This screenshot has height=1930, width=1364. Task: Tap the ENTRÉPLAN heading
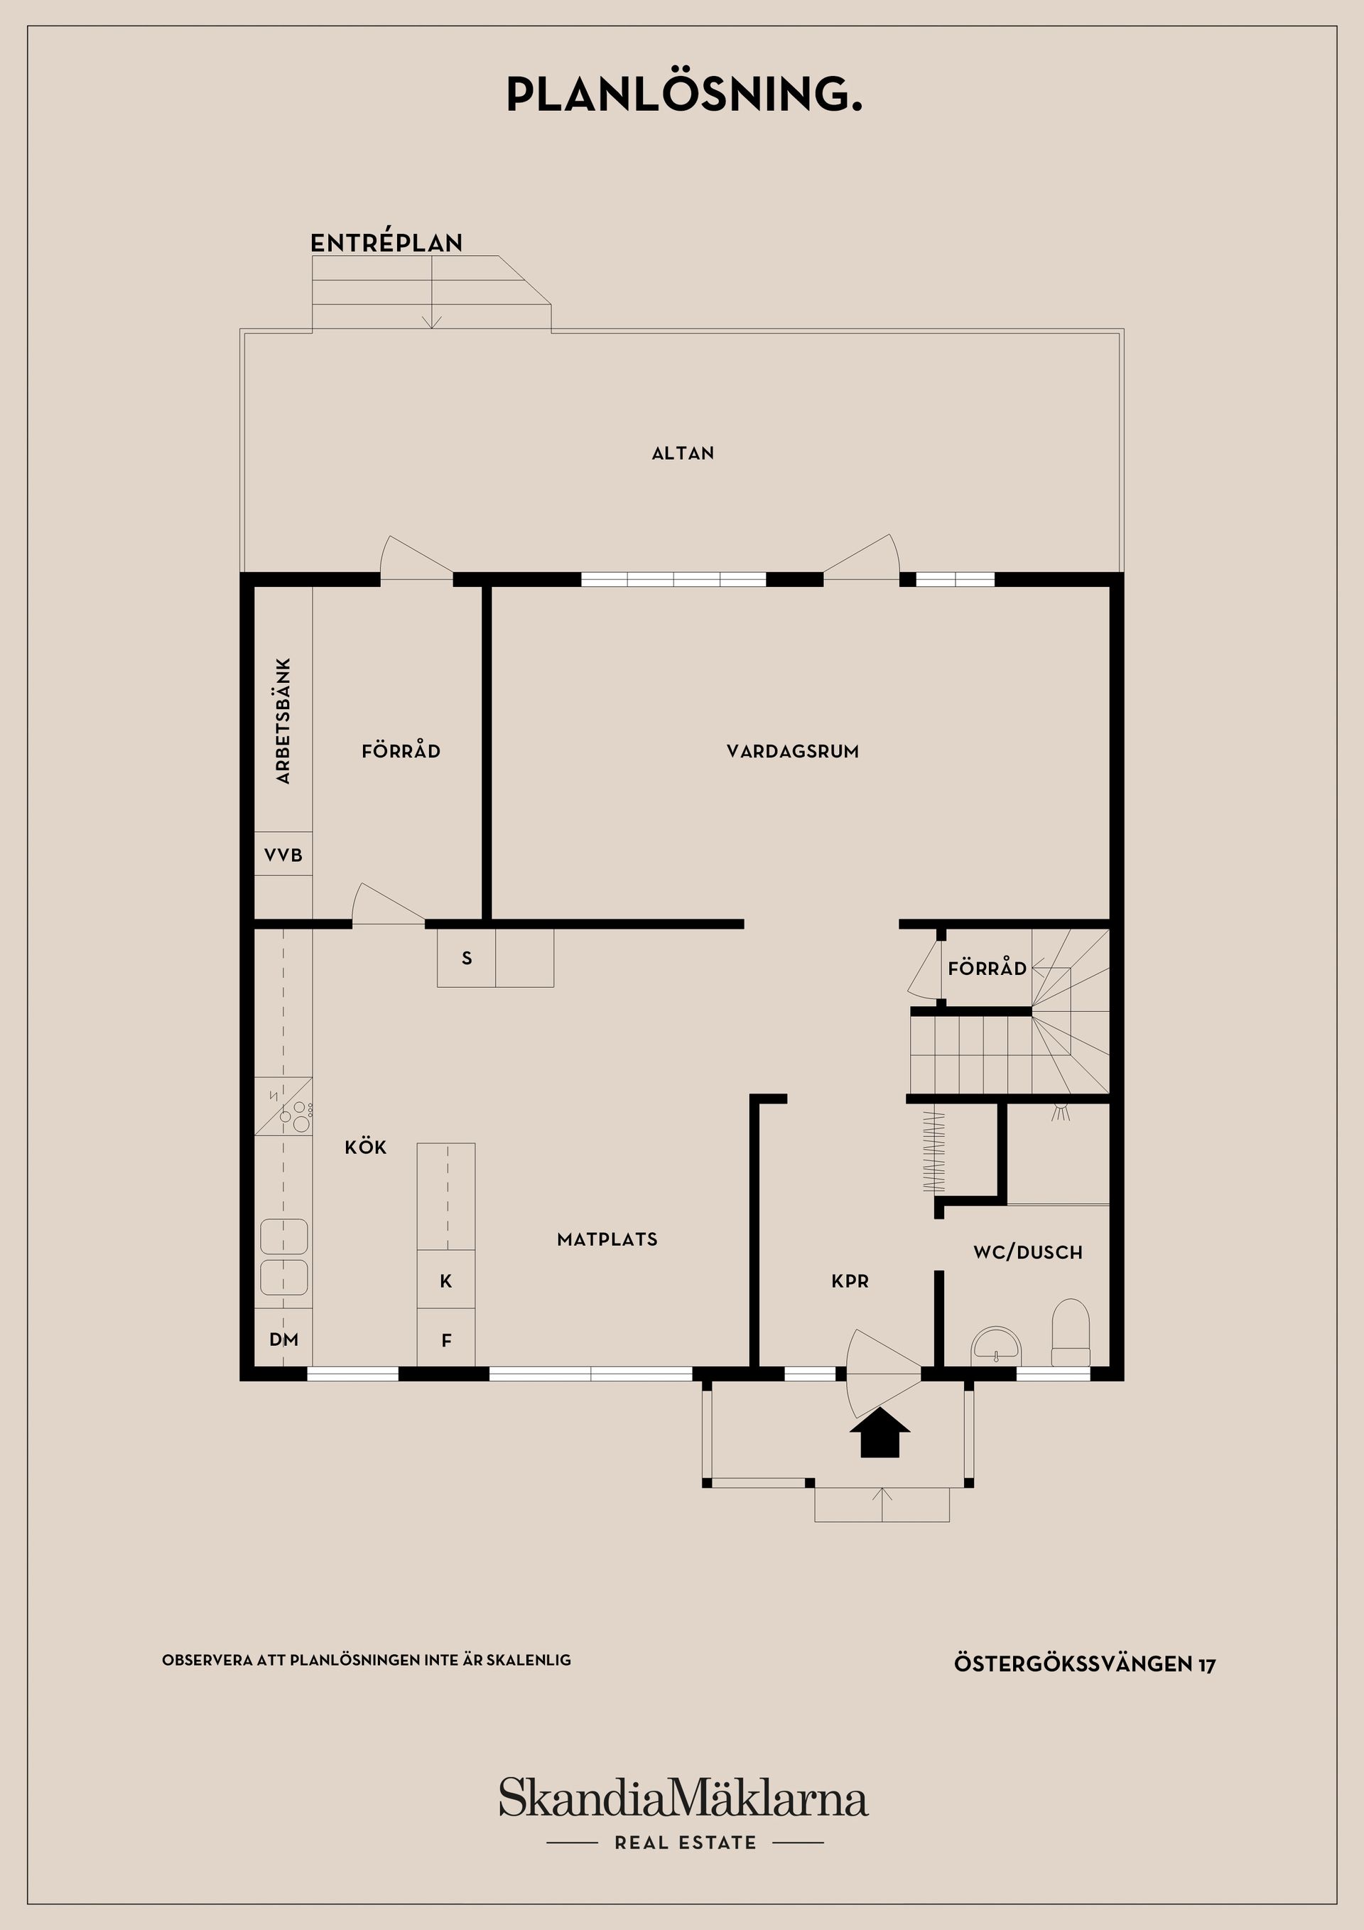pos(386,243)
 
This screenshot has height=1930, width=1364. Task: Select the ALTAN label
pos(683,453)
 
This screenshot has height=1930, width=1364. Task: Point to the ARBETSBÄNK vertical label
pos(283,721)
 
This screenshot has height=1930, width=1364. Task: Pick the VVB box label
pos(283,856)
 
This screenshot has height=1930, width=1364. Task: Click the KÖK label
pos(366,1147)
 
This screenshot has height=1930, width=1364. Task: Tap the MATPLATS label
pos(607,1239)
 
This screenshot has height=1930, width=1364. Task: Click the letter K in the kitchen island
pos(446,1281)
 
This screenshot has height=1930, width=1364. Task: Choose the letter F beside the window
pos(446,1341)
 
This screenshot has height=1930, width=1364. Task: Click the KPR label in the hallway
pos(850,1281)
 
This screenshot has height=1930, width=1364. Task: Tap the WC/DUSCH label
pos(1028,1253)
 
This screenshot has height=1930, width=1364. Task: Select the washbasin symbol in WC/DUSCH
pos(995,1347)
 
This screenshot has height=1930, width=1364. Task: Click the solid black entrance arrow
pos(880,1433)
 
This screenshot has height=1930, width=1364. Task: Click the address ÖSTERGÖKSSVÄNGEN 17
pos(1085,1664)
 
